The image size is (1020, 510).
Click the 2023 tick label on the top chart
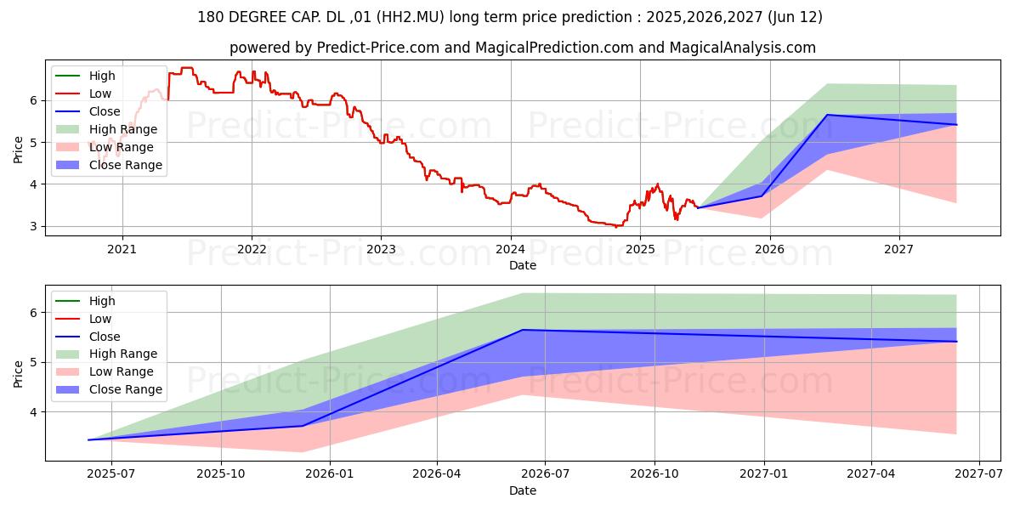381,249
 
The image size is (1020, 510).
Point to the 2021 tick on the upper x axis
122,249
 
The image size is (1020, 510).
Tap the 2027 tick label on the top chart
898,249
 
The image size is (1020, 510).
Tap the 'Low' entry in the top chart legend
100,93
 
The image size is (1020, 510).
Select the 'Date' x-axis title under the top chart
522,265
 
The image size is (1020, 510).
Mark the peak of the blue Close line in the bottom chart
522,330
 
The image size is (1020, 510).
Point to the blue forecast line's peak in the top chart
827,115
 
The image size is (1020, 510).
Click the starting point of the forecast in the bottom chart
88,439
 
